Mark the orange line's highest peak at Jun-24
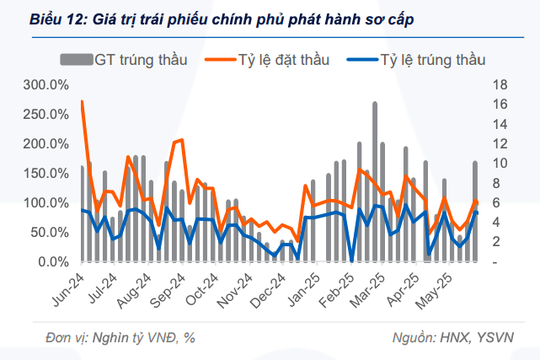[x=82, y=101]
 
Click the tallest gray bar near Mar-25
[x=375, y=181]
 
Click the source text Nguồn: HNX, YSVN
[x=453, y=337]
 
